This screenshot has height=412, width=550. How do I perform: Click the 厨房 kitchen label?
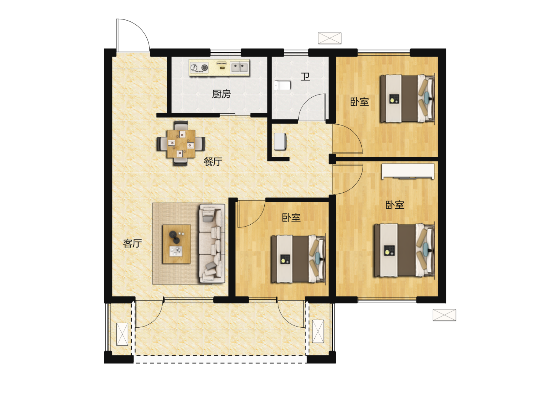[221, 94]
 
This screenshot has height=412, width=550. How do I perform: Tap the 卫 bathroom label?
[305, 77]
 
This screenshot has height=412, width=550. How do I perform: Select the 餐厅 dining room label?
[213, 162]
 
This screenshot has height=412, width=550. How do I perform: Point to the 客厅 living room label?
[133, 243]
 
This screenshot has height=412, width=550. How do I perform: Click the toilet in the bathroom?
[282, 85]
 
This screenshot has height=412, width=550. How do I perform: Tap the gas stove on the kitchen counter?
[199, 68]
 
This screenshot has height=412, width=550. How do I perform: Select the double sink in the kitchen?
[239, 67]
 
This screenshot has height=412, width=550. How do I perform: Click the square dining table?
[181, 143]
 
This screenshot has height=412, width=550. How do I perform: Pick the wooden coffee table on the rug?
[177, 244]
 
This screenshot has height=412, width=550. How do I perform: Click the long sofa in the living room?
[212, 244]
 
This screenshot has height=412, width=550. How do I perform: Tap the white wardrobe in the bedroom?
[408, 171]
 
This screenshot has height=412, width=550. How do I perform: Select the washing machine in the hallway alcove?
[280, 141]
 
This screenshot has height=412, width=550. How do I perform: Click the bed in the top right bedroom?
[408, 98]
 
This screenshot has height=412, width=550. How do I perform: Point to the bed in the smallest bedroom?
[299, 259]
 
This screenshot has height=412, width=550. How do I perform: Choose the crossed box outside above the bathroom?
[330, 38]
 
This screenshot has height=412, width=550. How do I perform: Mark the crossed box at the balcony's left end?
[123, 334]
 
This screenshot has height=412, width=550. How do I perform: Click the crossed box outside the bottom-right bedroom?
[444, 315]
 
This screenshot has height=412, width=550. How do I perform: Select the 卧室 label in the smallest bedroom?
[291, 217]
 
